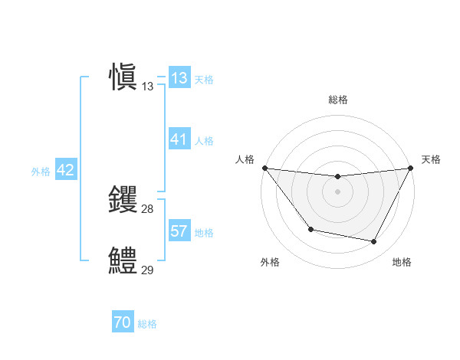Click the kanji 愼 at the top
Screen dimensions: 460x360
pos(123,78)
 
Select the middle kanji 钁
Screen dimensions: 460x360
pos(123,200)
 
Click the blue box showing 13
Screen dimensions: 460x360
pos(179,78)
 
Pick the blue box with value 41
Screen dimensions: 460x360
pos(179,139)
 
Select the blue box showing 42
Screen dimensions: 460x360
pos(65,170)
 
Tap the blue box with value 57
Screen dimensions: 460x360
pos(179,231)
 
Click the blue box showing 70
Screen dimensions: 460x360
pos(123,323)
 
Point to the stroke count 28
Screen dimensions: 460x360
pos(148,208)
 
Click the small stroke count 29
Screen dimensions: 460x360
pos(148,270)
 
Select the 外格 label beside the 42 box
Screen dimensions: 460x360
pos(41,172)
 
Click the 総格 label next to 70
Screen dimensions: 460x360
pos(147,324)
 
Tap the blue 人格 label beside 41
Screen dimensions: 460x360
pos(204,141)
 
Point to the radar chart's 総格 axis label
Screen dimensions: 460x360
pos(337,100)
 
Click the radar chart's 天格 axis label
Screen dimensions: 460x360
pos(432,159)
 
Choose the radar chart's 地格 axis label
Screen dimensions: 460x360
pos(402,262)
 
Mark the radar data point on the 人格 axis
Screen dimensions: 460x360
pos(264,168)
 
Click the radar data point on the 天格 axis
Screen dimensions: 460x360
pos(410,168)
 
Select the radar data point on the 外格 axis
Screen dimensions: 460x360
pos(310,229)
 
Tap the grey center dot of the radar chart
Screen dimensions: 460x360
pos(337,191)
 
